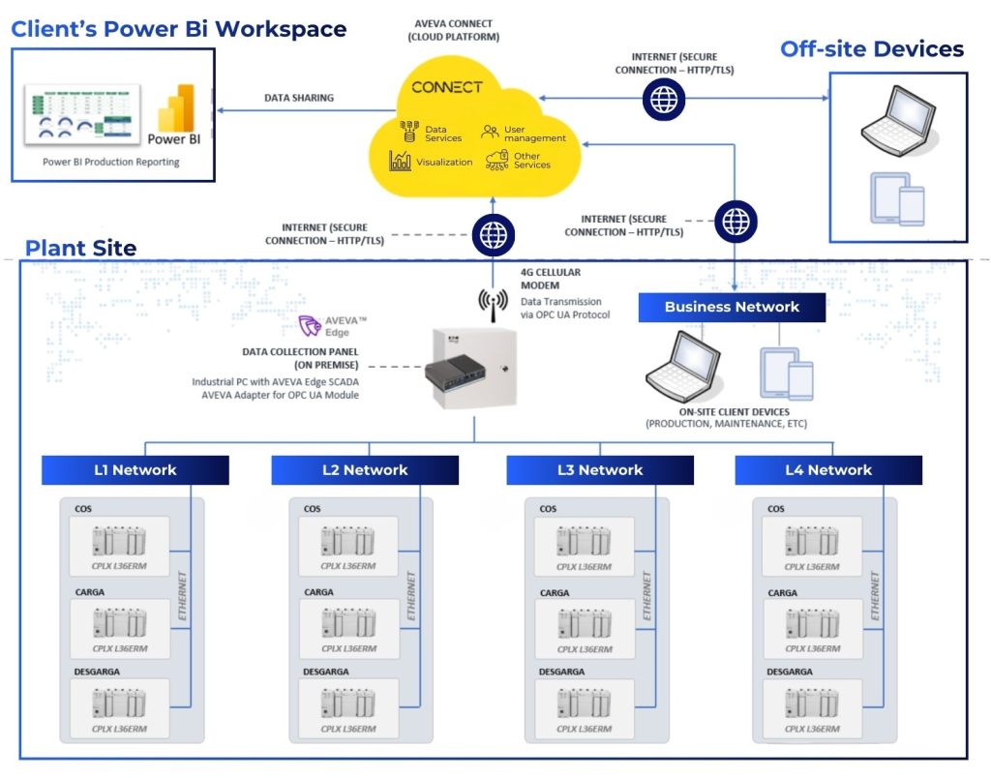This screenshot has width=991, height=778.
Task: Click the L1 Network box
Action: (x=135, y=470)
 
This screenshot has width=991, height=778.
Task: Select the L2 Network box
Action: (x=365, y=470)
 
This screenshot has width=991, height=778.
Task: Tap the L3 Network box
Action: (x=600, y=470)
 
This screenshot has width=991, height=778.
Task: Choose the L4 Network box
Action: (x=828, y=470)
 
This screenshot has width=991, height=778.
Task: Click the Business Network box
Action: (x=732, y=308)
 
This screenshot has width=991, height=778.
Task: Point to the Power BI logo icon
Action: (x=179, y=107)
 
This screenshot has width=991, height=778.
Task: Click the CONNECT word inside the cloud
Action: (x=446, y=87)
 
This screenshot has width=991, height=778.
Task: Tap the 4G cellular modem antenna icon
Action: (x=493, y=303)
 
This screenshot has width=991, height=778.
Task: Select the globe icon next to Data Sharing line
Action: (x=663, y=99)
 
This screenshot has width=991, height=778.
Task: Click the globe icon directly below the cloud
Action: (x=493, y=234)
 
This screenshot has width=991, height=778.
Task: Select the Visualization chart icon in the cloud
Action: (x=401, y=162)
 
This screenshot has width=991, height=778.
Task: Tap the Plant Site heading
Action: (x=80, y=248)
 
